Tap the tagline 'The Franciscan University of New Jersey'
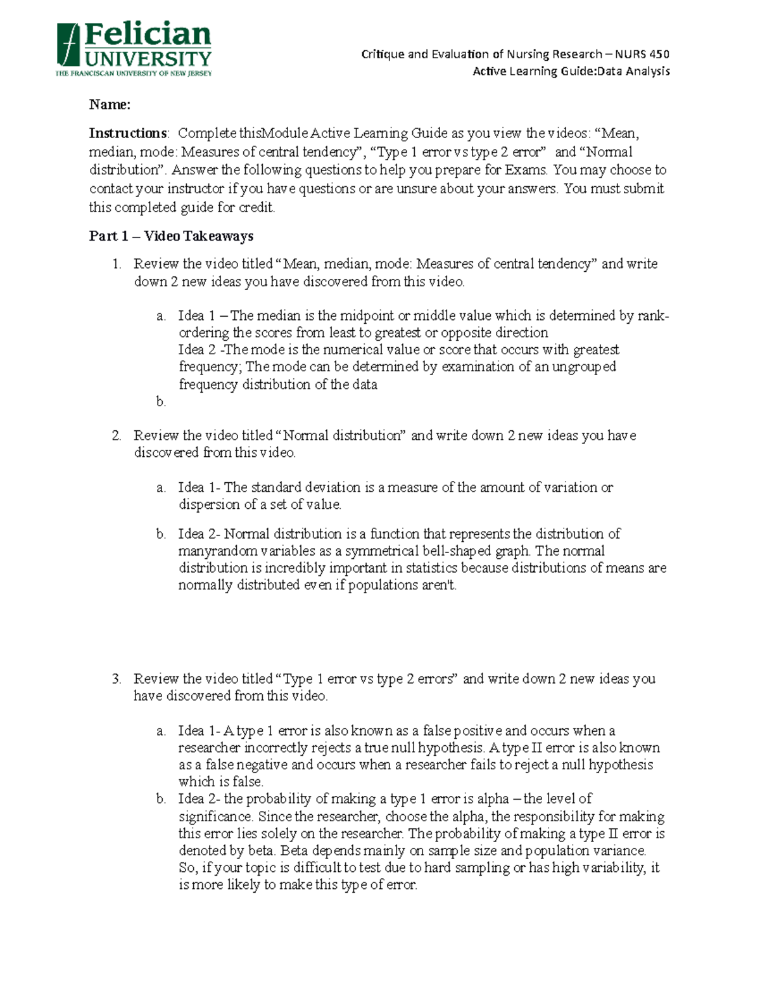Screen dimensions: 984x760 point(134,73)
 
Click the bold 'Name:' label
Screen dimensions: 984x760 point(110,105)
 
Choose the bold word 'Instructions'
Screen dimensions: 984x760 point(128,133)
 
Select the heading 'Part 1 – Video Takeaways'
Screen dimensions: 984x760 point(171,236)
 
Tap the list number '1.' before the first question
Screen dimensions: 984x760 point(117,264)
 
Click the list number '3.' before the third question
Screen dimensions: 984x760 point(117,679)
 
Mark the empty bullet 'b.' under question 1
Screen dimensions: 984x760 point(161,401)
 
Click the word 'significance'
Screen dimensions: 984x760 point(215,817)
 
